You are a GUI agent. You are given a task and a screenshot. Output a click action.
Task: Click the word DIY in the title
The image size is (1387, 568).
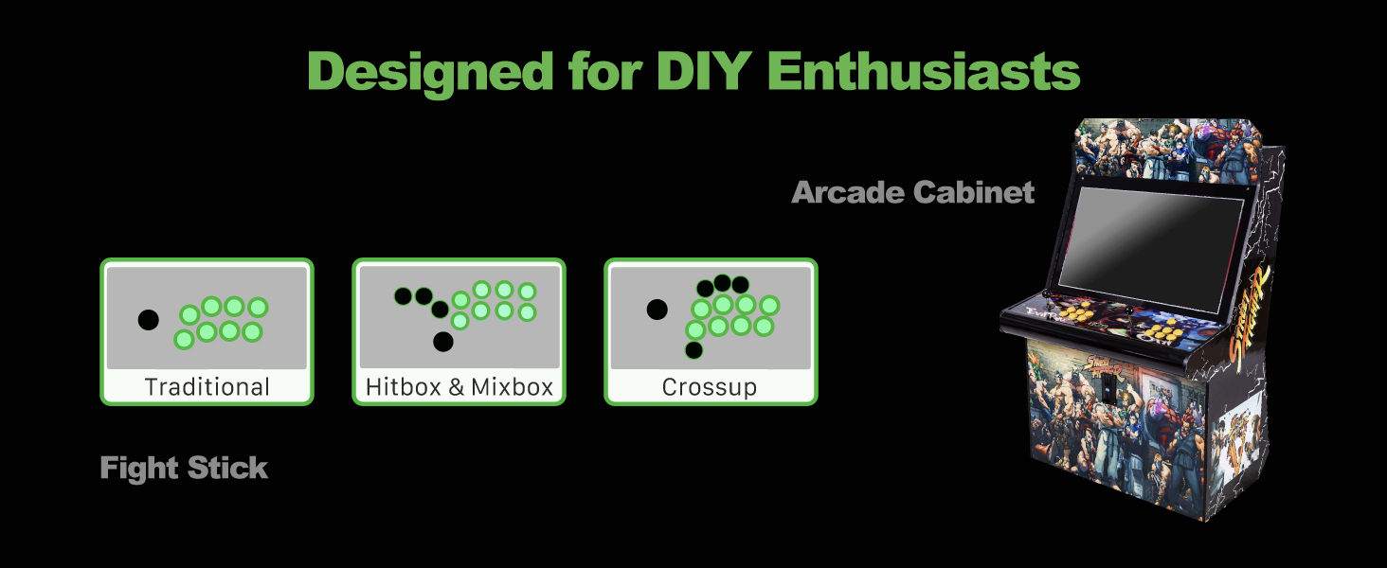tap(704, 71)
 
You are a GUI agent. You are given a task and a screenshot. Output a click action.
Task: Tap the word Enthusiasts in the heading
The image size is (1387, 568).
tap(924, 71)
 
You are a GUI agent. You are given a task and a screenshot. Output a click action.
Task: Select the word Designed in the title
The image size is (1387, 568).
tap(430, 74)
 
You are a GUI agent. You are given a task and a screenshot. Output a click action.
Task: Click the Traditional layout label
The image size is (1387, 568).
tap(207, 387)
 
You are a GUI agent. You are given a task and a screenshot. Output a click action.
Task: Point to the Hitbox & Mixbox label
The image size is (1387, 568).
tap(459, 387)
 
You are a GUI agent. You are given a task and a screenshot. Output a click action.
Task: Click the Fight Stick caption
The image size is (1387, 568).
tap(184, 468)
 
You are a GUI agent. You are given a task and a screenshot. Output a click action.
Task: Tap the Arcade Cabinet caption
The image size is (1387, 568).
tap(912, 192)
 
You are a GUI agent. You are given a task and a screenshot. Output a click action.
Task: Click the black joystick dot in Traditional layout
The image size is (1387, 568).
tap(148, 320)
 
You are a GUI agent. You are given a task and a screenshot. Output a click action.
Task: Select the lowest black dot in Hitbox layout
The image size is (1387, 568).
tap(443, 342)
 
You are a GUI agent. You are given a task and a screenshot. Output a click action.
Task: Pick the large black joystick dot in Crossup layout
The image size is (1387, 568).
tap(657, 310)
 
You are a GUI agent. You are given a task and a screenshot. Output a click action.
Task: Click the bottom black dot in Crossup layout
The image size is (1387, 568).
tap(694, 350)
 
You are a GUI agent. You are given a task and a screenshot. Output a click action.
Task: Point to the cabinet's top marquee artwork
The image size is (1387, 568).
tap(1168, 151)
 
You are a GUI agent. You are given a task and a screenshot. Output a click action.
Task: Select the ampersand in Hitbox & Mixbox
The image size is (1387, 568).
tap(456, 387)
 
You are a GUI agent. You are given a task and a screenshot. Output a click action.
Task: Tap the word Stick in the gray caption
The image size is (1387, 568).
tap(227, 468)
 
